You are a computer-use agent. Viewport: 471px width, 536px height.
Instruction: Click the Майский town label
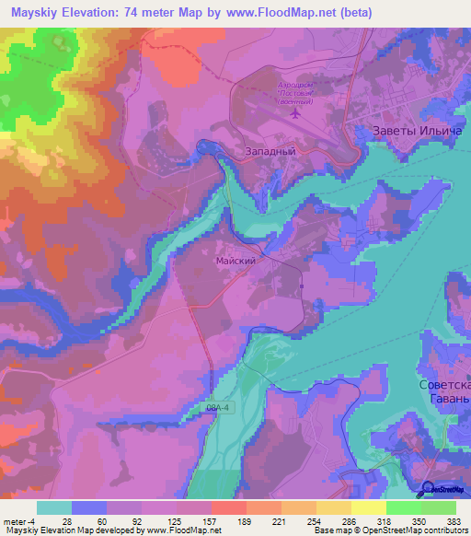point(235,262)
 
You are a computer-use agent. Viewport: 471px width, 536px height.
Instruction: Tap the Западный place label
point(270,148)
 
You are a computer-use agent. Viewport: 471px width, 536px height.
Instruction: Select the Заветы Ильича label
point(415,131)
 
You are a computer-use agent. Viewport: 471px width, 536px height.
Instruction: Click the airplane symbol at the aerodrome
point(294,115)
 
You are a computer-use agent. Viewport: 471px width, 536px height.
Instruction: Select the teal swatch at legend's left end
point(54,507)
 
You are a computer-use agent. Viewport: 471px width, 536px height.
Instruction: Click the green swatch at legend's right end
point(439,507)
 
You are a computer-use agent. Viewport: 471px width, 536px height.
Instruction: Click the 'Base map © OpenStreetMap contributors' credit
point(389,530)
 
